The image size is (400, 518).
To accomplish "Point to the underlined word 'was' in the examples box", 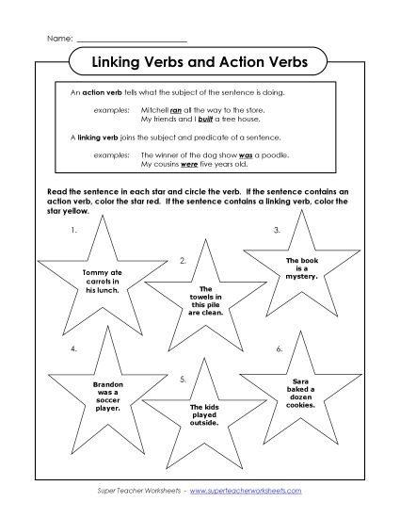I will tap(242, 154).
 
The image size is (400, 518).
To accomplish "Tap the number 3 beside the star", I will tap(277, 229).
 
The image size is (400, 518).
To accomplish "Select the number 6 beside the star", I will tap(280, 349).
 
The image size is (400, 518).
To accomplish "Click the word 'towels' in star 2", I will tap(202, 297).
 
